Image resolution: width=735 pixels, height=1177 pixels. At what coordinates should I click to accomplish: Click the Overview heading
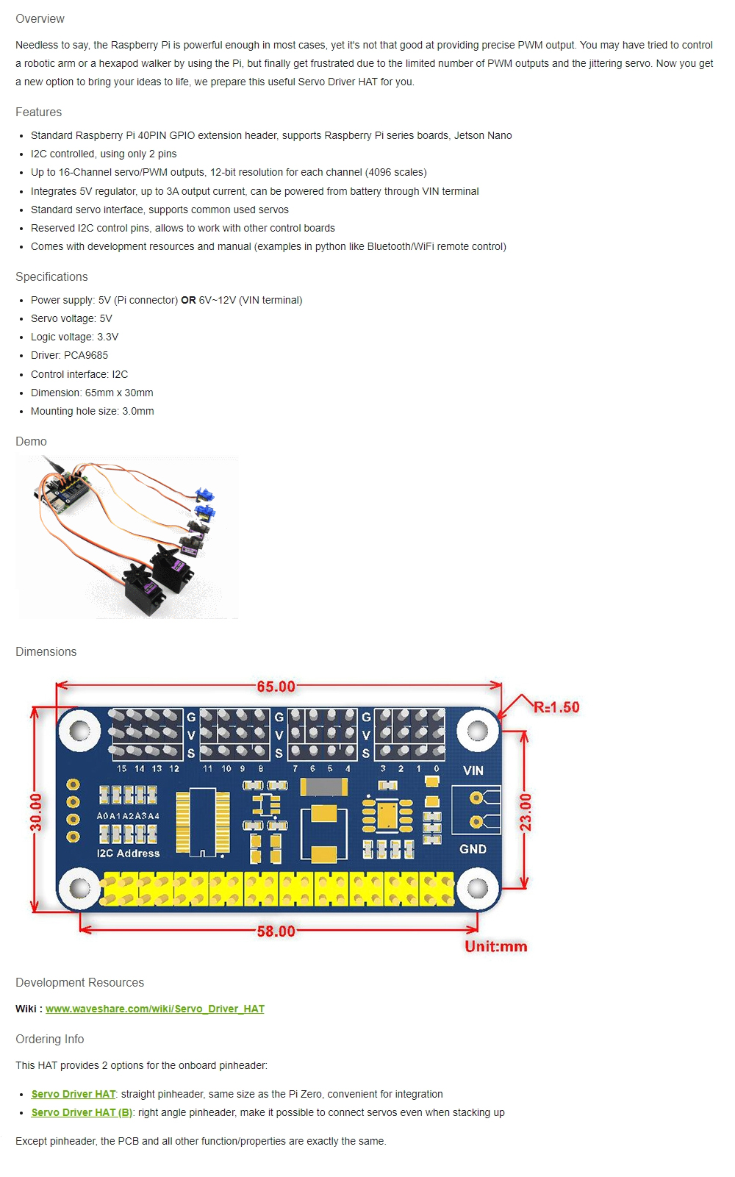click(x=40, y=19)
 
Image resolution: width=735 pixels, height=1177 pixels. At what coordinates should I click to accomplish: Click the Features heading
click(x=38, y=112)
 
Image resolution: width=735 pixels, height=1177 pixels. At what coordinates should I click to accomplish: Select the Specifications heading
click(x=51, y=277)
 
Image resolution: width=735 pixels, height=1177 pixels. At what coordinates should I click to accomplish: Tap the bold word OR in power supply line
click(x=188, y=300)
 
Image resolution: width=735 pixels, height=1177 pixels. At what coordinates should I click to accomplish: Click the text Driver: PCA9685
click(x=69, y=355)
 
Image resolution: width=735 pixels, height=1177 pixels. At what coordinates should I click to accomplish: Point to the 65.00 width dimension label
click(x=276, y=687)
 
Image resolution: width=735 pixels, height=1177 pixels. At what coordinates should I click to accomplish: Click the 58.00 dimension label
click(x=276, y=931)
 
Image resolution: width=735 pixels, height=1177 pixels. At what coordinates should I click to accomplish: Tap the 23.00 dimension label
click(x=526, y=812)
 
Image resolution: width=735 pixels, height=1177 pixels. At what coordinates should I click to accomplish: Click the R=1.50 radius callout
click(x=556, y=707)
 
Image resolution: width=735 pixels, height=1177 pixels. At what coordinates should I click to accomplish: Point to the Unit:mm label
click(x=495, y=947)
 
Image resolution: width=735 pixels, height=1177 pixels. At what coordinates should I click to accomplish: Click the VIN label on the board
click(x=473, y=770)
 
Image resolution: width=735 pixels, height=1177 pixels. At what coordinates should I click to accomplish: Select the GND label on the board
click(x=473, y=849)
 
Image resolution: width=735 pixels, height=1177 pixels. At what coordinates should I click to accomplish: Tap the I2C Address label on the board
click(x=128, y=854)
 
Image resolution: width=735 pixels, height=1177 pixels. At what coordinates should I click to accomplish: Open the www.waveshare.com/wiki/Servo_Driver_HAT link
click(x=154, y=1009)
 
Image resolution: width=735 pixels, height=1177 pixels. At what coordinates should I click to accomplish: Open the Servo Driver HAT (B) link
click(x=82, y=1112)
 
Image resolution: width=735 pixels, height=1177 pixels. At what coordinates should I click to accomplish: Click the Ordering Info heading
click(x=50, y=1040)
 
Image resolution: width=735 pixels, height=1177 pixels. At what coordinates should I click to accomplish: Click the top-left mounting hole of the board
click(x=79, y=731)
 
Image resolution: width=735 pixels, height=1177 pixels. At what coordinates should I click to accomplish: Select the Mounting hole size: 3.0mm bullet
click(x=92, y=411)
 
